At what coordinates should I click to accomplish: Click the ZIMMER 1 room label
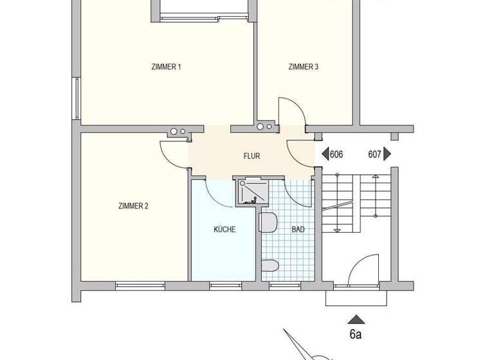click(x=165, y=66)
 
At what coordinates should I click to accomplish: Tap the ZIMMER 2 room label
click(x=133, y=206)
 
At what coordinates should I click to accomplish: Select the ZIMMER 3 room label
click(x=304, y=66)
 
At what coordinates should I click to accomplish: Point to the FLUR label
click(x=252, y=156)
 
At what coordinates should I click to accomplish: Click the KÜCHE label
click(x=224, y=230)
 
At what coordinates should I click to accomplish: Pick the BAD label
click(x=298, y=230)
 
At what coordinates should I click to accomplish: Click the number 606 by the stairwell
click(x=336, y=154)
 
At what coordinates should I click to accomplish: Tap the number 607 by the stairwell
click(x=375, y=154)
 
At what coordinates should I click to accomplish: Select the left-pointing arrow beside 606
click(x=324, y=154)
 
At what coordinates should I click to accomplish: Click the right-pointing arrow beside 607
click(x=387, y=154)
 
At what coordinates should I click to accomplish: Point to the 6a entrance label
click(x=356, y=334)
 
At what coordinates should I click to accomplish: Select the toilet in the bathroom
click(x=270, y=264)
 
